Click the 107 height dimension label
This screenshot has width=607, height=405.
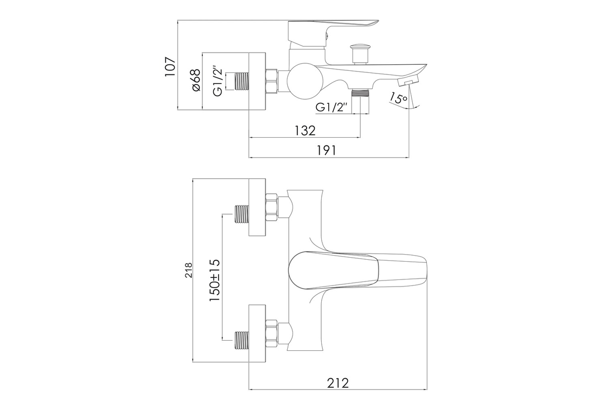pos(170,67)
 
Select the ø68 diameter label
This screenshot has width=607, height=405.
pos(195,80)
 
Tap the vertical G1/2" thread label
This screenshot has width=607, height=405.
pos(218,80)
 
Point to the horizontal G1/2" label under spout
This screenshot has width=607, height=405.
pos(331,107)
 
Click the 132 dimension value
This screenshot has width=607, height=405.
pos(305,131)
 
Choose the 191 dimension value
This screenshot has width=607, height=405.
pos(327,150)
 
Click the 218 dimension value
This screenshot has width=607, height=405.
pos(189,270)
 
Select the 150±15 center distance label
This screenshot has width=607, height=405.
pos(214,280)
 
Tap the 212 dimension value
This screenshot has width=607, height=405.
pos(338,383)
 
